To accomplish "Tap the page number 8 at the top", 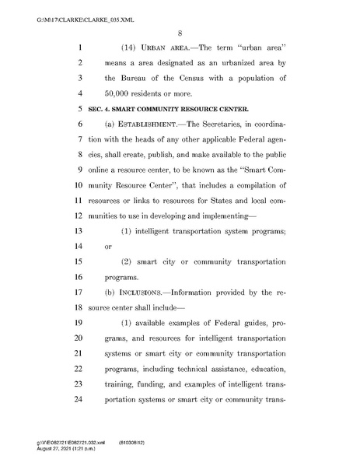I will [x=180, y=33].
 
